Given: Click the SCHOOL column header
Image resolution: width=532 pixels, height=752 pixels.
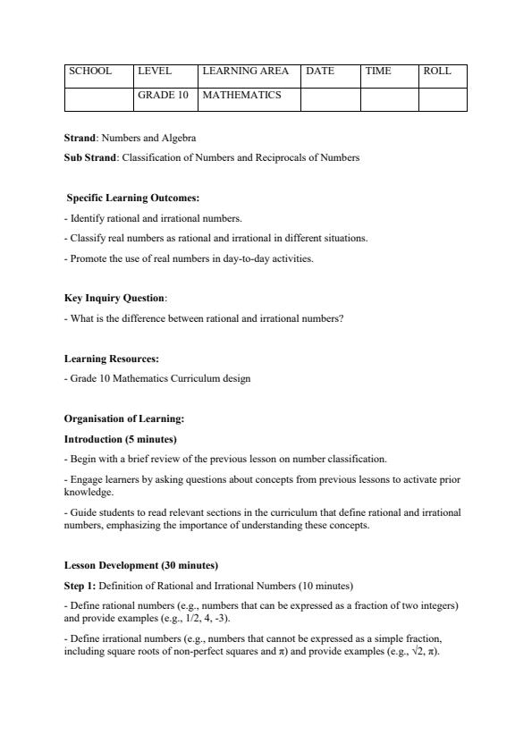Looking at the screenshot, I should (x=90, y=72).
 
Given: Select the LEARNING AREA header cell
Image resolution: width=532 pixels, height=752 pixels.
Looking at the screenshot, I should (x=246, y=72).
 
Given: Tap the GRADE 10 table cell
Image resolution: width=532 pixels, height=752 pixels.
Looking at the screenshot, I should (x=163, y=95).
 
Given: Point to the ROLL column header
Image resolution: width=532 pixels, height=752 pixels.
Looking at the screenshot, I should (x=437, y=72).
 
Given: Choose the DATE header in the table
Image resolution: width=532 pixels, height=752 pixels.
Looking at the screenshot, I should (x=320, y=72).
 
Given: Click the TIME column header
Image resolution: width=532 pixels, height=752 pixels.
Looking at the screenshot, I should (x=378, y=72).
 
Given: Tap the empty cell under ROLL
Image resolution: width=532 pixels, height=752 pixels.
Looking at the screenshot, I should (x=443, y=98).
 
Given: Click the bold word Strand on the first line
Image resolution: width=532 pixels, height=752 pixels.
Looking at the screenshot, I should (x=80, y=139).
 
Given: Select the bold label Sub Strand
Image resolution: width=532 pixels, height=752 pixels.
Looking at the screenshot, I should (x=90, y=157).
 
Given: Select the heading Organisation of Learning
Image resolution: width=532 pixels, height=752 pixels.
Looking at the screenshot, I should (x=124, y=418).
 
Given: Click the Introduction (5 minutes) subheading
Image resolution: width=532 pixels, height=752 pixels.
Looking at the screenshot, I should (x=121, y=439).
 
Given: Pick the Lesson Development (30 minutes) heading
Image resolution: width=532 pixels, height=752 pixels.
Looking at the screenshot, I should (x=141, y=566).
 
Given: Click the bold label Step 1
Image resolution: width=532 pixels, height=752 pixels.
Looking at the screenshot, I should (x=80, y=586).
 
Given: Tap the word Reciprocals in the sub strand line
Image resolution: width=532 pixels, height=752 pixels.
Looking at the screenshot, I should (x=259, y=157).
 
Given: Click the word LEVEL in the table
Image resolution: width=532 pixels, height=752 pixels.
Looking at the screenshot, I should (x=154, y=72).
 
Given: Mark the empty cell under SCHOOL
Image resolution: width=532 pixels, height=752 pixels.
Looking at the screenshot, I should (x=98, y=98).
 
